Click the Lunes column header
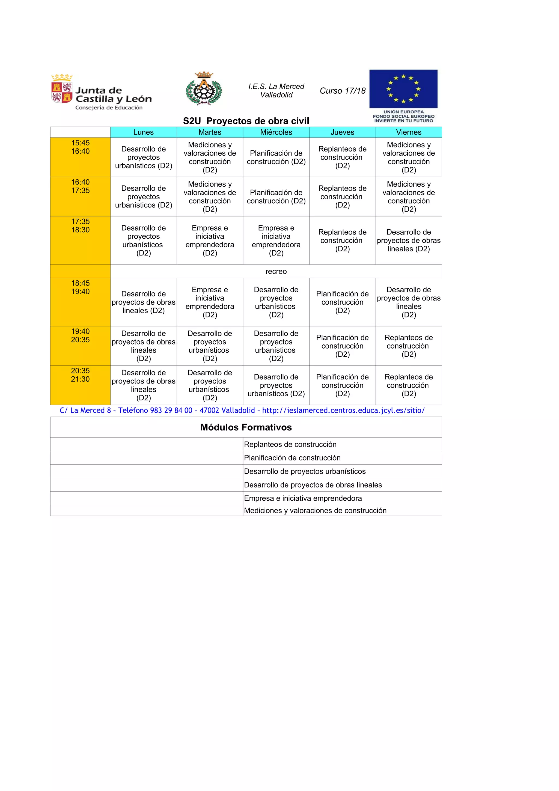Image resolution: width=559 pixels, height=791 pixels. [143, 132]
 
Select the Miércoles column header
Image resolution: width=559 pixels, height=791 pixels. [276, 132]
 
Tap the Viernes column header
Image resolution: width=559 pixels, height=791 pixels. [409, 132]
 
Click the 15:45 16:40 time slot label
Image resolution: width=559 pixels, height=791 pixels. [80, 147]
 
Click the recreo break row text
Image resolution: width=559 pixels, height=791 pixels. [276, 272]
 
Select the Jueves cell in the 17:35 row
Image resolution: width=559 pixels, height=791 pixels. [342, 240]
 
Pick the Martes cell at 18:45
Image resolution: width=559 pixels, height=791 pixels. [210, 302]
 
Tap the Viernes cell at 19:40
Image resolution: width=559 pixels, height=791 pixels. [409, 346]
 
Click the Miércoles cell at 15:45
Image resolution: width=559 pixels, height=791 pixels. [276, 157]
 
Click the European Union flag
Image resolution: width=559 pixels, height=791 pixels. [403, 89]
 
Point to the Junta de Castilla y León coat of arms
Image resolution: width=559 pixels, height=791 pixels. [62, 89]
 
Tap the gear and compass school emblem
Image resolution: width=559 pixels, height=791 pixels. [204, 89]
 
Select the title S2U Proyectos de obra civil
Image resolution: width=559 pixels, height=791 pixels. [246, 121]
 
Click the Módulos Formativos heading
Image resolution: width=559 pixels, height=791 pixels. [246, 427]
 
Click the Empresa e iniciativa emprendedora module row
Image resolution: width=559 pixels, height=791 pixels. [303, 498]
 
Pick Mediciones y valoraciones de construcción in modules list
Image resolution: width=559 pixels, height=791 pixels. [315, 511]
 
